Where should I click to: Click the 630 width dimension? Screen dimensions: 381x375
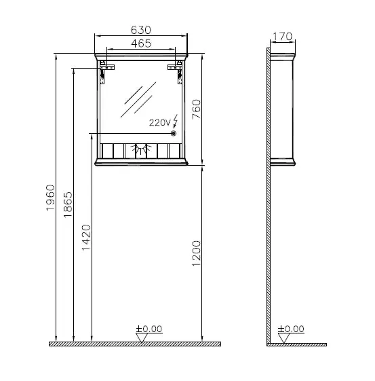[x=140, y=30]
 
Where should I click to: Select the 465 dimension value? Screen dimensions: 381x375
[x=140, y=43]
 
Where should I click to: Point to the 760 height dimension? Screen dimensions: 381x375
[x=196, y=109]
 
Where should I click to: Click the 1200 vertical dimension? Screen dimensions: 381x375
[x=196, y=253]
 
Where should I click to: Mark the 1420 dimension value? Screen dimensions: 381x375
[x=86, y=237]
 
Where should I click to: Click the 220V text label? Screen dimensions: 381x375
[x=160, y=123]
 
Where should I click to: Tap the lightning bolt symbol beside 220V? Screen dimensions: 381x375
[x=176, y=122]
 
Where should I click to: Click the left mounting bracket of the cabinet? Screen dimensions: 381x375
[x=104, y=70]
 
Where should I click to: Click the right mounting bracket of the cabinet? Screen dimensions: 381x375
[x=178, y=70]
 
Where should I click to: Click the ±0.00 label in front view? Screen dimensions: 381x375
[x=149, y=329]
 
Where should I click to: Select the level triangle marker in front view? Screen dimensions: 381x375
[x=141, y=338]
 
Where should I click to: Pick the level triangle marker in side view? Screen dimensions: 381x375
[x=283, y=338]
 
